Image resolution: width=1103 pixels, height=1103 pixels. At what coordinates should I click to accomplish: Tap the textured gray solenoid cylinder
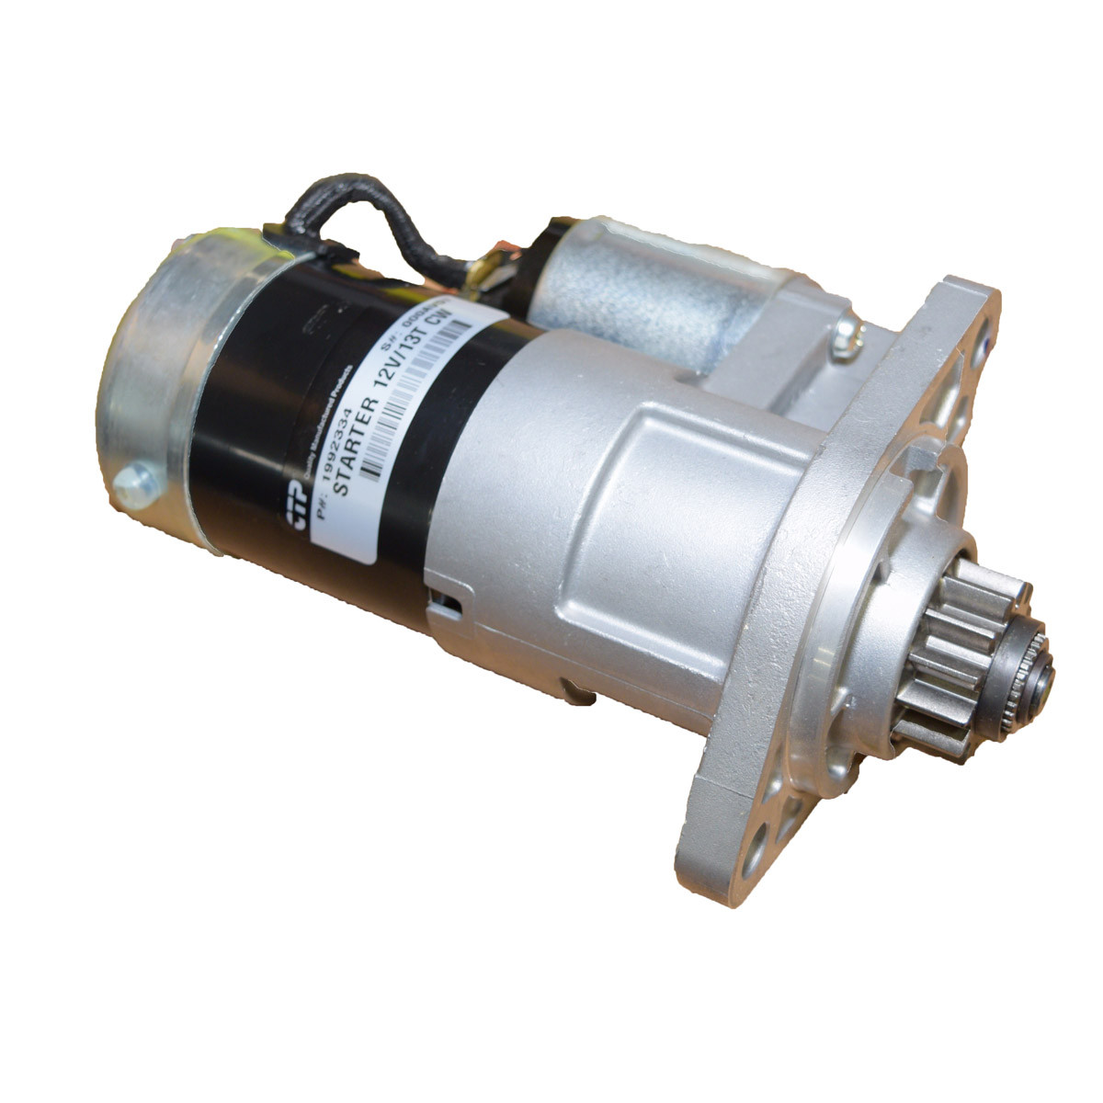634,285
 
